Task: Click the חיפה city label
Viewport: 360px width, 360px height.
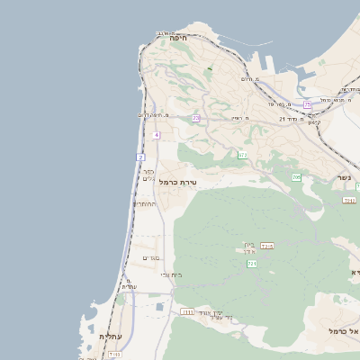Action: (x=176, y=38)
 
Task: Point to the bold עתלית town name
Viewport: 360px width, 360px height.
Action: (x=111, y=336)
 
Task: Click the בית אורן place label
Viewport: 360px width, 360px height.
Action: (x=249, y=247)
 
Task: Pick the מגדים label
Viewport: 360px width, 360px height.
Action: (x=150, y=258)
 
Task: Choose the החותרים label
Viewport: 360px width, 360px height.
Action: (x=145, y=203)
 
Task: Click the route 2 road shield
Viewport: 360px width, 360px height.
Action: (x=141, y=157)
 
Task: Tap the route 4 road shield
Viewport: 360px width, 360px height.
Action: (x=156, y=135)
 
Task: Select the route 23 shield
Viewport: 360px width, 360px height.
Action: (x=195, y=118)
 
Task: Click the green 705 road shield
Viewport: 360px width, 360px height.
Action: (x=296, y=177)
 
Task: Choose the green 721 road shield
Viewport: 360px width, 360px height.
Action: (x=252, y=264)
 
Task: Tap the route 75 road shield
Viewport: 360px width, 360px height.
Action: (x=307, y=105)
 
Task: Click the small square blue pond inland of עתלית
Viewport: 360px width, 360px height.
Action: (x=159, y=307)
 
